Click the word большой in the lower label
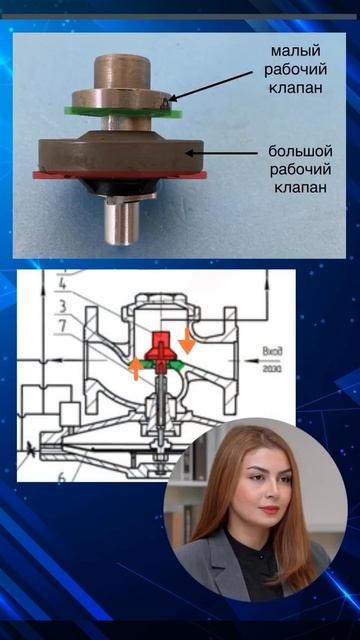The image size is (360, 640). point(299,150)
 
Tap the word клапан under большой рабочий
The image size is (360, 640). point(299,187)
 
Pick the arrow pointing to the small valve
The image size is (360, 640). point(215,83)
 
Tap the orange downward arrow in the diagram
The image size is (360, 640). point(187,342)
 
